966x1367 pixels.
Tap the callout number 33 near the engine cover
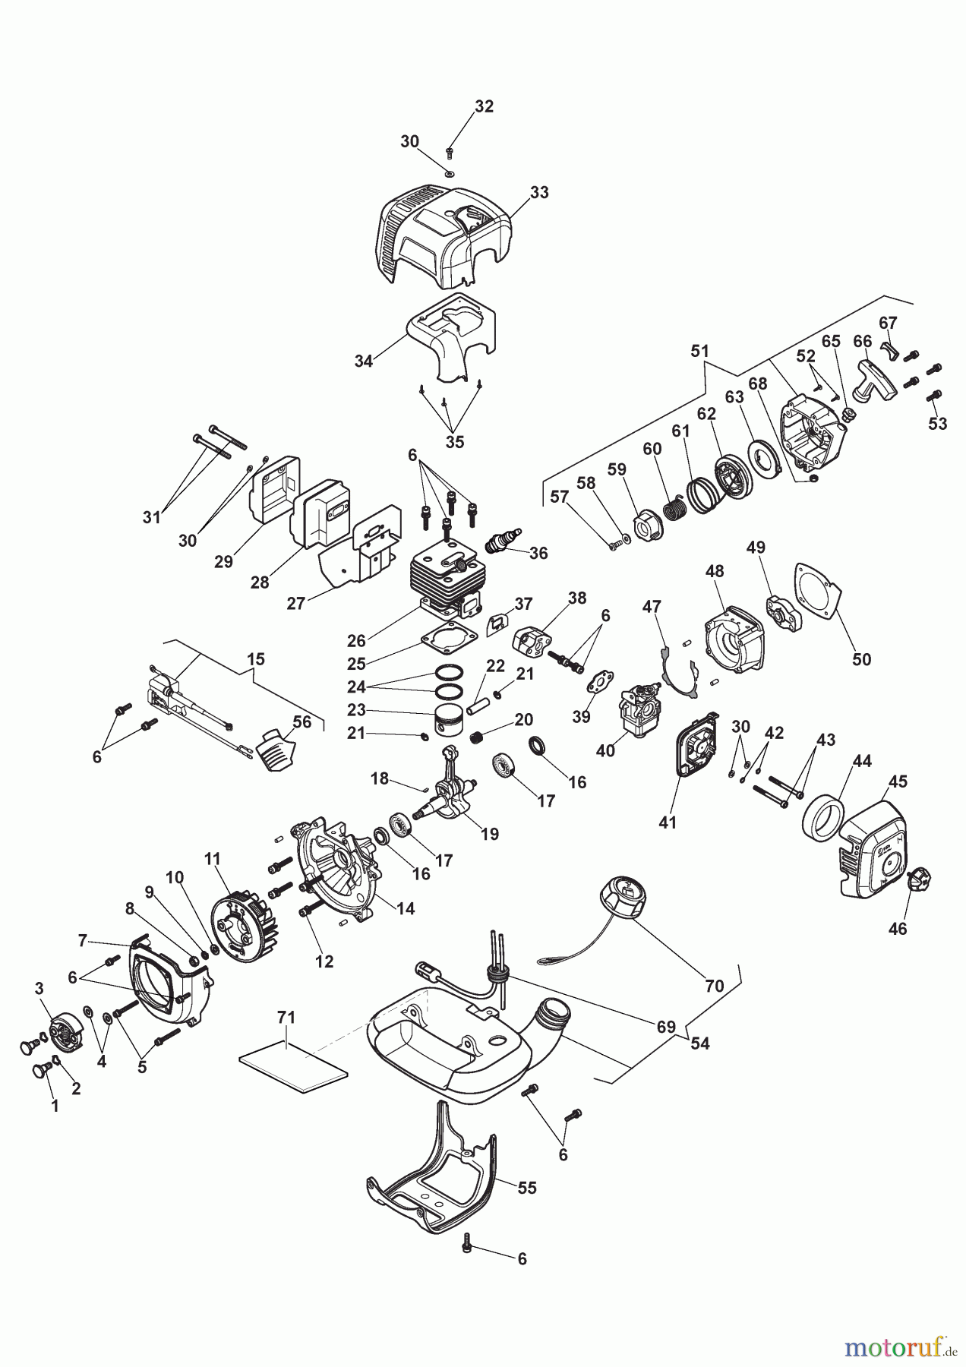point(538,192)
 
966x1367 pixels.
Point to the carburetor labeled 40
point(638,710)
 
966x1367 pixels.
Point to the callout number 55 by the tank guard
point(526,1187)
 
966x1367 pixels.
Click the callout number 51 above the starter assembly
point(699,351)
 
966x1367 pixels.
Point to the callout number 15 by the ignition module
point(256,658)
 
